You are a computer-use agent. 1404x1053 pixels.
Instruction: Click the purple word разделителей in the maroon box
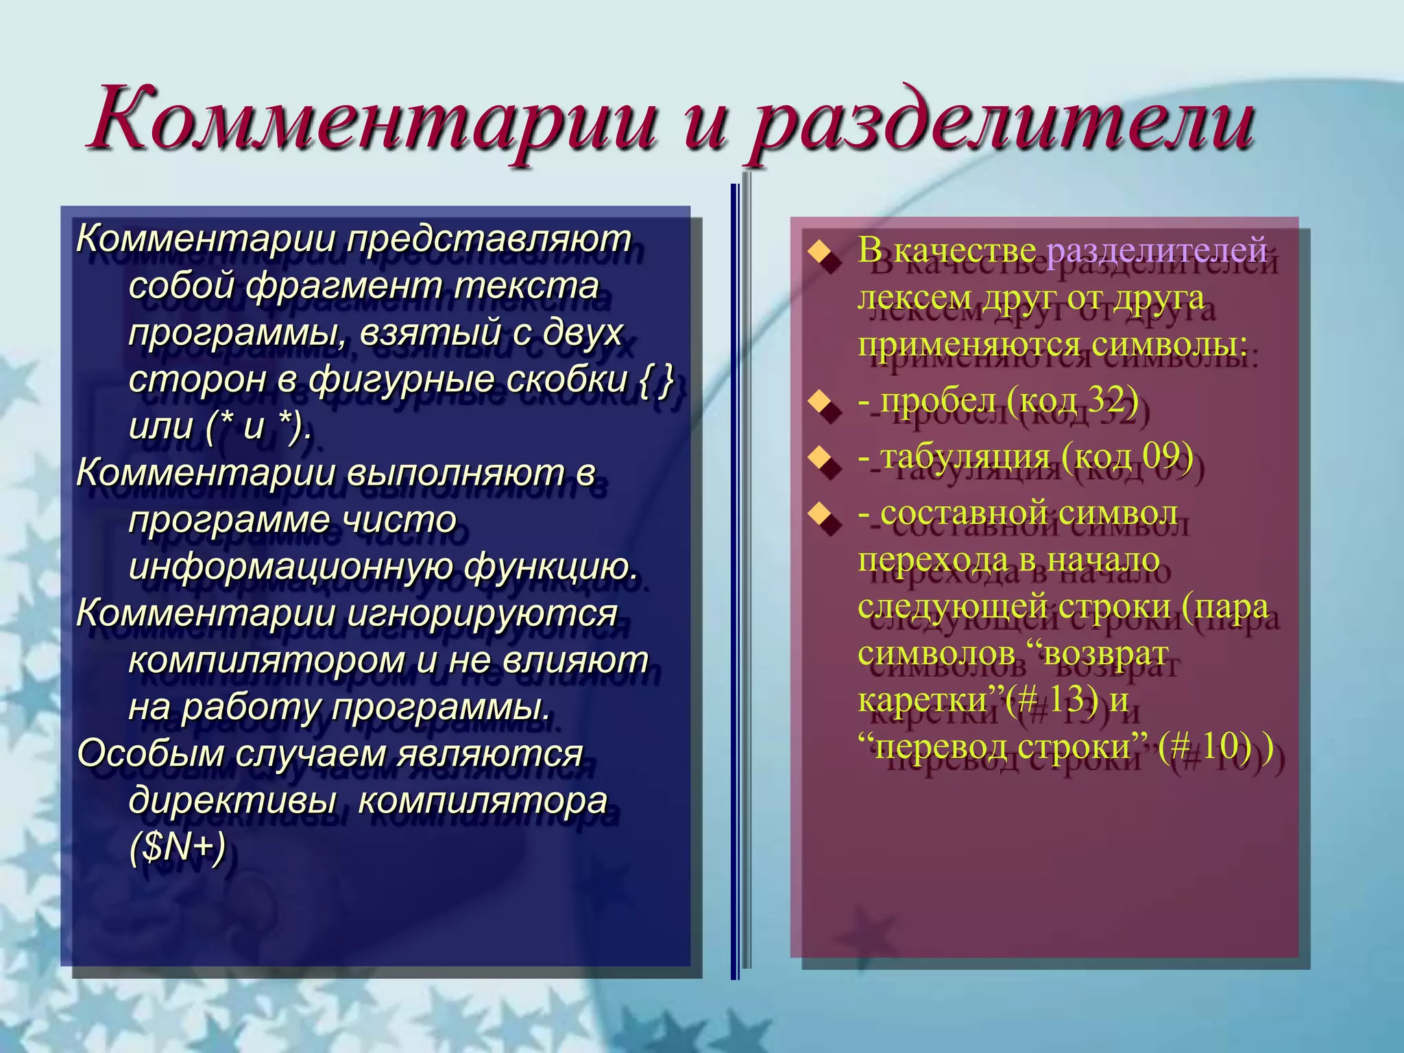[1157, 249]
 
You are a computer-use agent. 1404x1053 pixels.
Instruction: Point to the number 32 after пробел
[1108, 400]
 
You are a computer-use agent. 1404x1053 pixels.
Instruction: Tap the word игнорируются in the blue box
[482, 612]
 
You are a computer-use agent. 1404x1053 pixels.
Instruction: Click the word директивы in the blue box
[232, 800]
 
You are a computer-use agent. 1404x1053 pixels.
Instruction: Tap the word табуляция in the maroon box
[965, 456]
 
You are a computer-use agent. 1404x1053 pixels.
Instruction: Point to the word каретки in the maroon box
[923, 700]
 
